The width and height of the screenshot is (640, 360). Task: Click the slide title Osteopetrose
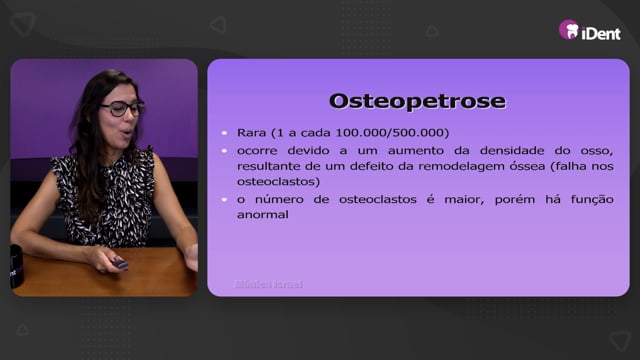tap(417, 102)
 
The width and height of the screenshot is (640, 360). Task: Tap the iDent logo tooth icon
tap(569, 30)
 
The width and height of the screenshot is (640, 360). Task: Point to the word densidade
tap(512, 151)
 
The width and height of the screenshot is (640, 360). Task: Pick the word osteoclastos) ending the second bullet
tap(278, 182)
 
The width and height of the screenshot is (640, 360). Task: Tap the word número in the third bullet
tap(279, 200)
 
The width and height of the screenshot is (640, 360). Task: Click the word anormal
tap(262, 215)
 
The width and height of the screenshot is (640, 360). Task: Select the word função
tap(592, 200)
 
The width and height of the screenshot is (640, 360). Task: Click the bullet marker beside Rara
tap(224, 133)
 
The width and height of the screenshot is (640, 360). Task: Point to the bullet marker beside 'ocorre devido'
tap(224, 151)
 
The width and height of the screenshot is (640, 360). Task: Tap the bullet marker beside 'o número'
tap(224, 200)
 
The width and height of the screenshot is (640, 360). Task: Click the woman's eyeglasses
tap(122, 108)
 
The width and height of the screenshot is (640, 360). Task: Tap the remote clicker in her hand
tap(120, 264)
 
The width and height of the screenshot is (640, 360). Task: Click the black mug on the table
tap(16, 266)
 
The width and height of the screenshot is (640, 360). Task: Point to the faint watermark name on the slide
tap(269, 284)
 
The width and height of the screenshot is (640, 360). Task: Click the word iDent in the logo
tap(601, 33)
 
